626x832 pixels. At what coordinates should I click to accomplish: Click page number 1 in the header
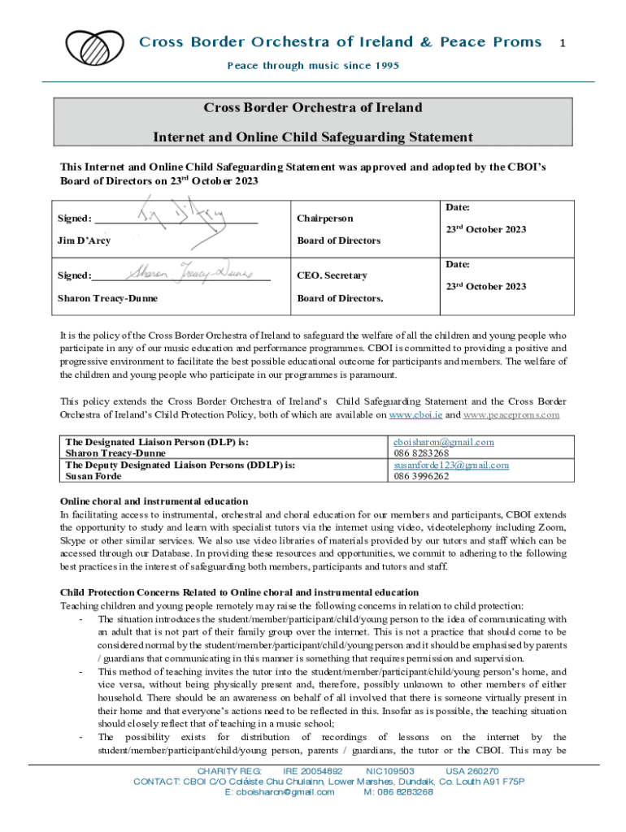pos(562,41)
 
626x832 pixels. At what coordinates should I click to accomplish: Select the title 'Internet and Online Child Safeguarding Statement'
pos(313,136)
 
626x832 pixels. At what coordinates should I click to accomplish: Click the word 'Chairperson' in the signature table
pos(325,219)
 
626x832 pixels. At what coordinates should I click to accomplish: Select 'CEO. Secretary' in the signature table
pos(332,275)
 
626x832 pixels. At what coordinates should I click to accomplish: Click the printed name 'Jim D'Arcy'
pos(84,240)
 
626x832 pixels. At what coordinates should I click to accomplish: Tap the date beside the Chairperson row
pos(485,230)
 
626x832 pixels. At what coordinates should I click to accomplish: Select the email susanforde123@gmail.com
pos(451,465)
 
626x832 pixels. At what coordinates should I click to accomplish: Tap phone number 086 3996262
pos(421,476)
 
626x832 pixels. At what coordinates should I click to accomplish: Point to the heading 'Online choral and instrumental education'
pos(154,500)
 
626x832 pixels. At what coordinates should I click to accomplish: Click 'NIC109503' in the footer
pos(390,771)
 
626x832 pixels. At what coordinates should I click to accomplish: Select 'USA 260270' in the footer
pos(472,771)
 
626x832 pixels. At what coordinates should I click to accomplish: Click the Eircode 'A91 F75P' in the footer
pos(499,782)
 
